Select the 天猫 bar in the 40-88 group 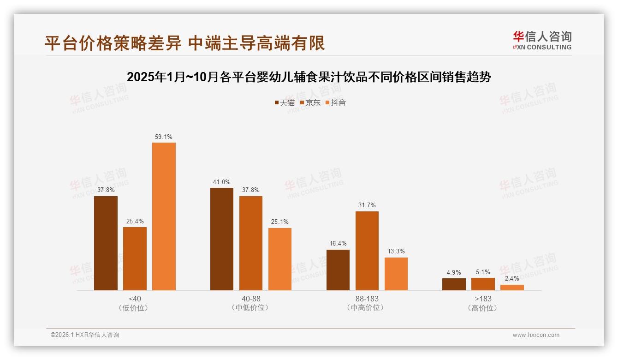pos(222,239)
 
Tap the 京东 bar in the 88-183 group pos(367,251)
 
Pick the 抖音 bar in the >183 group pos(512,288)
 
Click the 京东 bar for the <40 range pos(135,258)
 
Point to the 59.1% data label pos(164,137)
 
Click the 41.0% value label pos(222,182)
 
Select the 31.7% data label pos(367,205)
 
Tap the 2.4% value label pos(512,279)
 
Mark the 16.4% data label pos(338,244)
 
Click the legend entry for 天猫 pos(285,103)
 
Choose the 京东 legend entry pos(310,103)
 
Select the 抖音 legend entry pos(336,103)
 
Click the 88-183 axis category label pos(367,299)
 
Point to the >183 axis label pos(483,299)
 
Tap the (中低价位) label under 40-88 pos(250,308)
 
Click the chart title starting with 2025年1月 pos(309,77)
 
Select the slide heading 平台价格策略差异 pos(184,43)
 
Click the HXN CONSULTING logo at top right pos(542,41)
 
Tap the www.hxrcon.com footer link pos(536,335)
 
